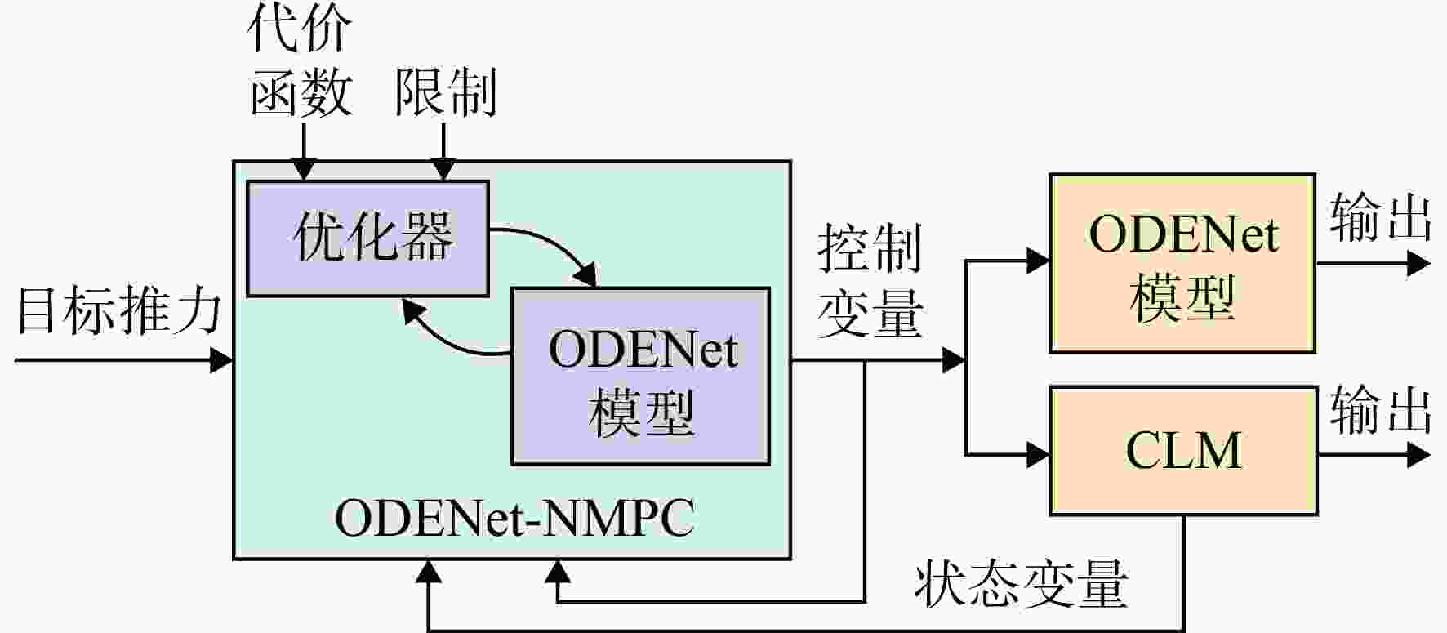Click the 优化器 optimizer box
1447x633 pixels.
coord(367,238)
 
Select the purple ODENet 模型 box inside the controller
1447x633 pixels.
coord(641,377)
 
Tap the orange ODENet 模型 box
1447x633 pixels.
coord(1182,263)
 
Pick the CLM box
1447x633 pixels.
coord(1183,451)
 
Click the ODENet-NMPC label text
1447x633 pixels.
coord(514,517)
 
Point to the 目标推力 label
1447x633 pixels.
coord(119,311)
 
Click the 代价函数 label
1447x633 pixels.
coord(300,61)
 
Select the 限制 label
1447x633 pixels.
coord(446,91)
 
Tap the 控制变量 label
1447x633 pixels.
coord(870,281)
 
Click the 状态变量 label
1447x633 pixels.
coord(1021,583)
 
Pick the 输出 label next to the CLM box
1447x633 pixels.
coord(1380,410)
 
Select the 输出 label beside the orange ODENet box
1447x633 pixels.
coord(1380,217)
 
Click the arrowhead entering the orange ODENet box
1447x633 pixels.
coord(1038,261)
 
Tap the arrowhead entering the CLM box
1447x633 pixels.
coord(1038,453)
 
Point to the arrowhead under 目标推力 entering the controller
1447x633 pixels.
coord(222,359)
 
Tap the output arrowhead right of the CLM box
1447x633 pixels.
coord(1419,456)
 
